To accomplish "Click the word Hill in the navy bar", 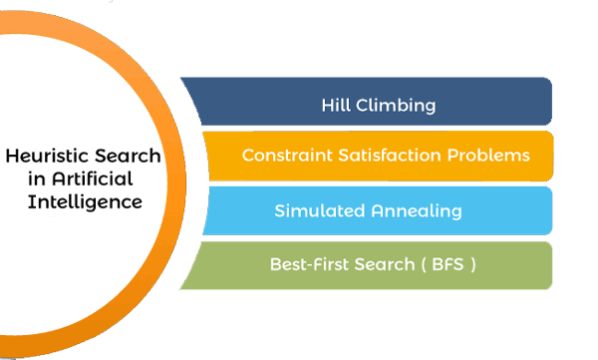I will [335, 104].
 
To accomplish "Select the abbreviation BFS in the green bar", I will [444, 265].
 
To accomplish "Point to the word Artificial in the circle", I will [76, 180].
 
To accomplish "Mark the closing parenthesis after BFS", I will [471, 265].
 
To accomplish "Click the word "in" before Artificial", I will [21, 180].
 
